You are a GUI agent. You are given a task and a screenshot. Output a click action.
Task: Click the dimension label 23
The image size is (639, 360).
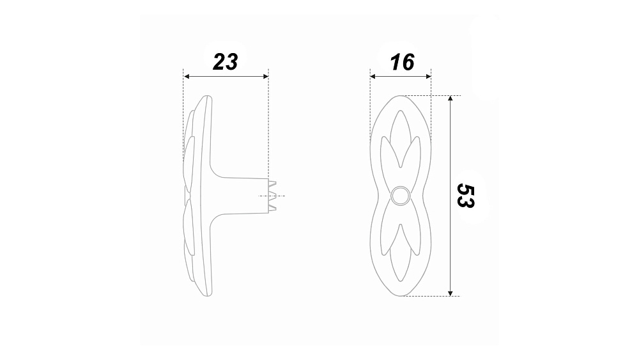point(226,62)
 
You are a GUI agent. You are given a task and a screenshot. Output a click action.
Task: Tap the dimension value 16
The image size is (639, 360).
point(402,62)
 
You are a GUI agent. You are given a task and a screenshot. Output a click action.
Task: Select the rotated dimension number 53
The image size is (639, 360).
point(465,196)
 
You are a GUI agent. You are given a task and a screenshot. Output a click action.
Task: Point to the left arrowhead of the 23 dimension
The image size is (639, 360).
point(187,76)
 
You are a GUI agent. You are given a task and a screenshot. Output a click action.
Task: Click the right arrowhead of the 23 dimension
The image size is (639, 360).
point(265,76)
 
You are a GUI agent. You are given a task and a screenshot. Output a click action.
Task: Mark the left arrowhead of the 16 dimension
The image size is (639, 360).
point(373,76)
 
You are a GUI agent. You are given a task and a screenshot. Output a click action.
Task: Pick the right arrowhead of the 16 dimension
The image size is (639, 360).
point(428,76)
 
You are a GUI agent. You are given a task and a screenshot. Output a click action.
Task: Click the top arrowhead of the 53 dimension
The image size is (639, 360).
point(450,98)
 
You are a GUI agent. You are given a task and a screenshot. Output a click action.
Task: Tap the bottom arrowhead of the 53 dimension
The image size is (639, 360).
point(450,293)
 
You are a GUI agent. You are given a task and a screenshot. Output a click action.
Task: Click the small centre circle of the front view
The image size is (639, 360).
point(400,196)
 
